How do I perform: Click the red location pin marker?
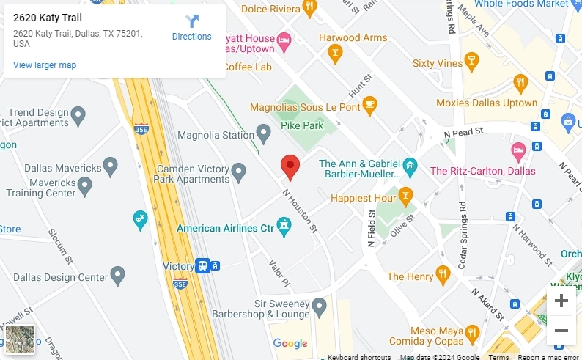tap(290, 167)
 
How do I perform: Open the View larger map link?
tap(45, 65)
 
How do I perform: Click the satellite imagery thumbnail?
tap(20, 339)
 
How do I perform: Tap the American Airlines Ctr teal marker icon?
tap(284, 227)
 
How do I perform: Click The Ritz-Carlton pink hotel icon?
tap(518, 153)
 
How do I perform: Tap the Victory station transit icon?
tap(203, 265)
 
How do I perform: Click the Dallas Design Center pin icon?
tap(118, 276)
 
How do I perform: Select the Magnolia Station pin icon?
tap(264, 133)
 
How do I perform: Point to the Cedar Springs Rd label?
tap(462, 235)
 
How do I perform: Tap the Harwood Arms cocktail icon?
tap(335, 52)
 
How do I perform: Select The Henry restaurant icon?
tap(443, 276)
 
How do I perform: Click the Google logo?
tap(290, 343)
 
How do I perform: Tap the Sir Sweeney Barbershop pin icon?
tap(318, 305)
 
